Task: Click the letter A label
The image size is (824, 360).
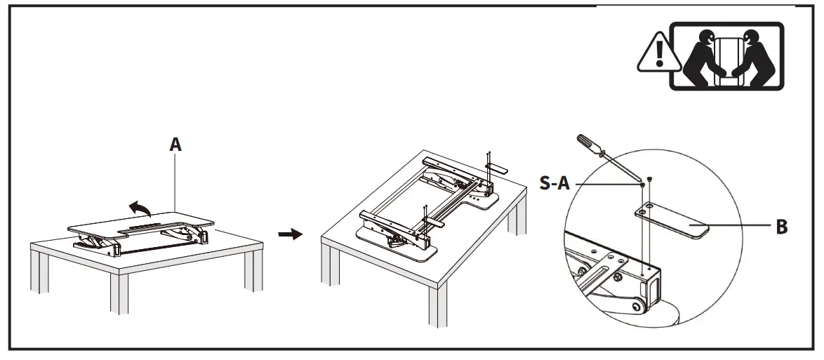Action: coord(175,145)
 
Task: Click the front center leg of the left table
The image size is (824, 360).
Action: coord(119,295)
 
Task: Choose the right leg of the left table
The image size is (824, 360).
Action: coord(253,270)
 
